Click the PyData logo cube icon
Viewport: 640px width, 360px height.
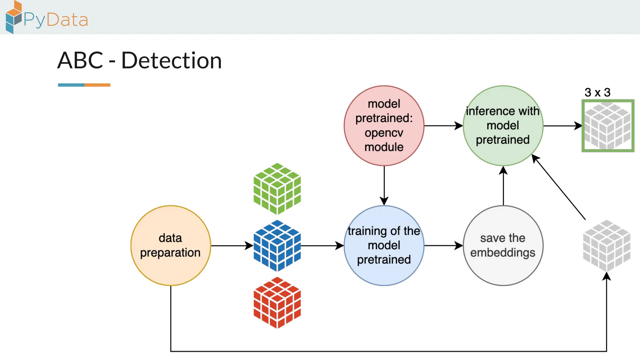click(13, 17)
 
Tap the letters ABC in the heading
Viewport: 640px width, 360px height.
click(80, 60)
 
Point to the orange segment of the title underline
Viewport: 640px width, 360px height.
click(97, 85)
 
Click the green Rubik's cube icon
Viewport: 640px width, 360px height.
click(277, 189)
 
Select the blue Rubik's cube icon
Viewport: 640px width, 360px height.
click(277, 246)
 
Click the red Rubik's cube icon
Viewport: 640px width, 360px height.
click(277, 302)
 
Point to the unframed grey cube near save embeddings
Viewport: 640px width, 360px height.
click(607, 246)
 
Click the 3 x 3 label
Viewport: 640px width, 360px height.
click(597, 92)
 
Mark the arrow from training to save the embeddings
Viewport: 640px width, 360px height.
click(443, 246)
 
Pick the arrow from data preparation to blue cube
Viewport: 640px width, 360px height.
click(232, 246)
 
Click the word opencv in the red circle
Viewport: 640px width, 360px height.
click(384, 133)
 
